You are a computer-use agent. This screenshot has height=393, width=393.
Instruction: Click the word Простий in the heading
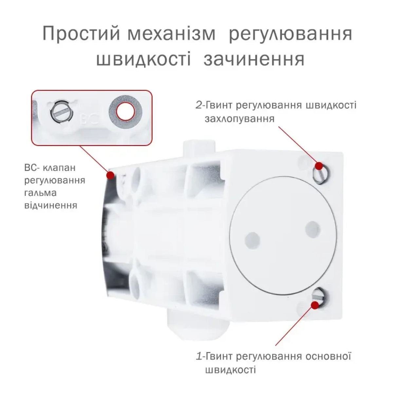point(81,33)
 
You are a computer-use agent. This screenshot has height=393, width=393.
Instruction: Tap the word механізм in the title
point(172,33)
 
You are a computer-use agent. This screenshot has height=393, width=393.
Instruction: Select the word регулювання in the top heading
point(290,34)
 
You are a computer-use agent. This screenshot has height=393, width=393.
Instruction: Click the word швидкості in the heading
point(143,59)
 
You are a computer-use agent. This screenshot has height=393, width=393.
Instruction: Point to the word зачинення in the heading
point(254,59)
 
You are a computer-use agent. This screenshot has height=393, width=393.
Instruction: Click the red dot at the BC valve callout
point(111,175)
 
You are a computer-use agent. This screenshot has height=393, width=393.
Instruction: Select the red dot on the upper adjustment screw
point(319,166)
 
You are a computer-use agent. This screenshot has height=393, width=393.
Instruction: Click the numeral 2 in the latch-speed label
point(199,105)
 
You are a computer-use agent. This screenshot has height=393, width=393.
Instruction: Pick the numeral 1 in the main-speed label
point(199,357)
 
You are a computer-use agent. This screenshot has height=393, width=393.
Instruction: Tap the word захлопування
point(240,119)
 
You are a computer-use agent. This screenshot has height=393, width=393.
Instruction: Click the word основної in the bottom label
point(328,356)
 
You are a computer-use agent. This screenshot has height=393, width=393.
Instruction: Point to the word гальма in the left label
point(40,193)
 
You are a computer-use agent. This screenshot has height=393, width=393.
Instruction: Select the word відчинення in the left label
point(51,205)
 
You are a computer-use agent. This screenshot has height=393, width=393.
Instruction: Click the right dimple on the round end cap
point(313,230)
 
